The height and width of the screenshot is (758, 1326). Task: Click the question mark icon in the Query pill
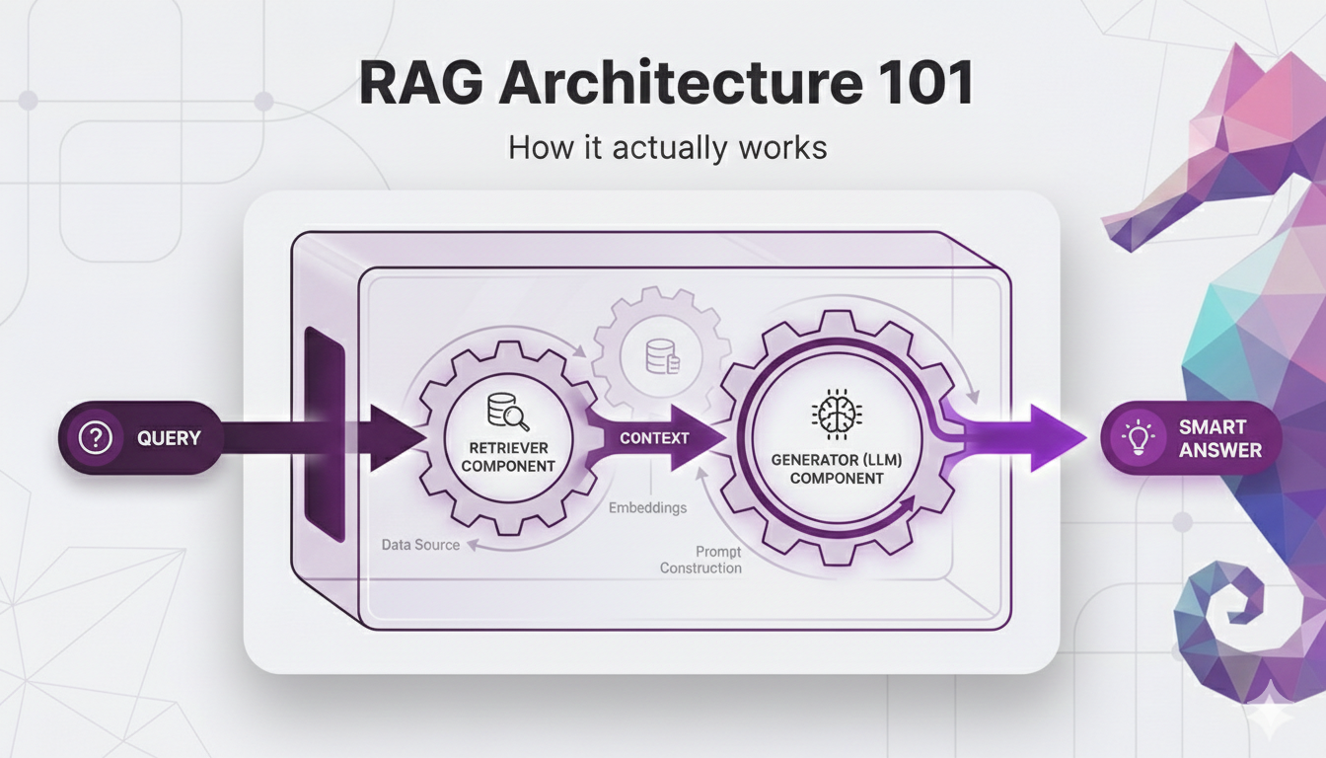click(x=95, y=438)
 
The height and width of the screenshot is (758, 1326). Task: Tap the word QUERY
click(x=169, y=438)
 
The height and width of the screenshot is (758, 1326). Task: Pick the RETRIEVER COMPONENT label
click(x=507, y=457)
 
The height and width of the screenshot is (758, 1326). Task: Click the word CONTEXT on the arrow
click(x=654, y=437)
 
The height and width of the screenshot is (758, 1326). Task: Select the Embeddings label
click(x=648, y=507)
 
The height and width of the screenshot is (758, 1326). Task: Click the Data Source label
click(x=421, y=544)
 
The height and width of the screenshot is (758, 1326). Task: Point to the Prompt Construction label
click(x=701, y=560)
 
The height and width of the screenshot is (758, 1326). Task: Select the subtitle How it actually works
click(x=667, y=148)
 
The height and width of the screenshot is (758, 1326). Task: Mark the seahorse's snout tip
click(x=1111, y=237)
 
